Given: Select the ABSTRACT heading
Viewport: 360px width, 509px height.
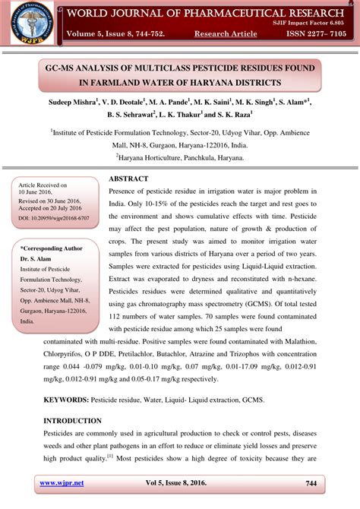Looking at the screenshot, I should tap(132, 179).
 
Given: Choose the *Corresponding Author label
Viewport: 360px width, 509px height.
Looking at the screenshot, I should tap(51, 248).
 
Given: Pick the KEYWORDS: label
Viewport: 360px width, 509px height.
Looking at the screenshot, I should tap(65, 399).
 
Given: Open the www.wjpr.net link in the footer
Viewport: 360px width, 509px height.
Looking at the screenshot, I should tap(61, 483).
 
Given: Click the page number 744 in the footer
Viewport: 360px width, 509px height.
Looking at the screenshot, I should tap(311, 483).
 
